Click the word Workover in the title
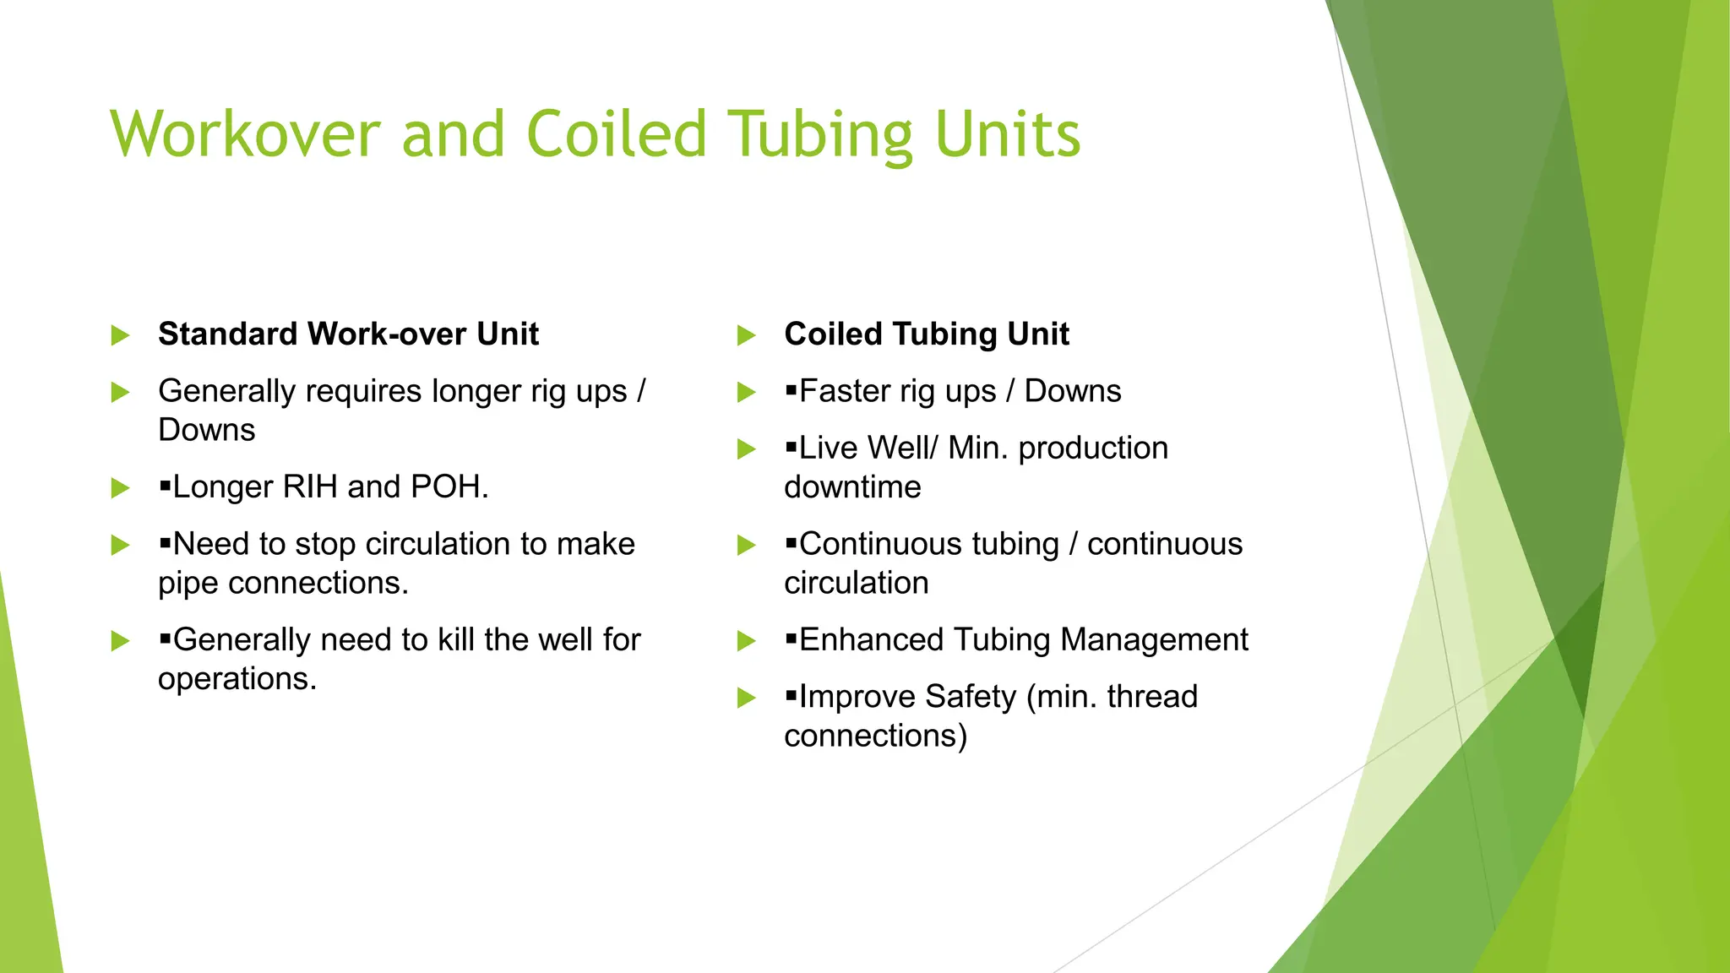[245, 135]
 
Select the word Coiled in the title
[616, 135]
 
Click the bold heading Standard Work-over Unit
[348, 334]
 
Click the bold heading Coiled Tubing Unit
[926, 334]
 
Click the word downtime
[852, 487]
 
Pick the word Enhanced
[871, 640]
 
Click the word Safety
[971, 697]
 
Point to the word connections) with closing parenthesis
[875, 736]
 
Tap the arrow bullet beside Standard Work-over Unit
[120, 336]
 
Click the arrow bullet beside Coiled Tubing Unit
[746, 336]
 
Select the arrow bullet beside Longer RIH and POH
[120, 488]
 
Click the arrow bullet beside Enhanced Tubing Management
[746, 641]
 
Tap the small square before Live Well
[791, 447]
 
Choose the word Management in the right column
[1154, 640]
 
